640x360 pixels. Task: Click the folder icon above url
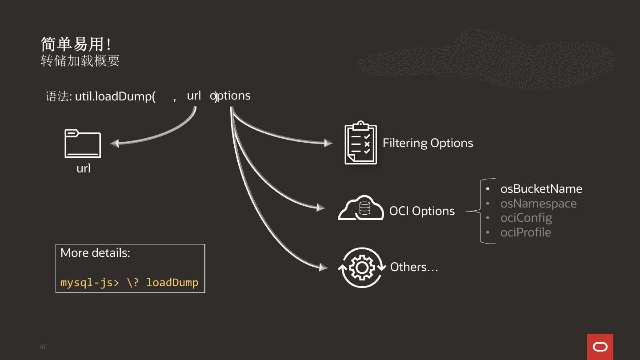[83, 143]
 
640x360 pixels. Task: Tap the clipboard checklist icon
[360, 143]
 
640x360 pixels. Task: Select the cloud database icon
[361, 208]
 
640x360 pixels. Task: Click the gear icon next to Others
[361, 268]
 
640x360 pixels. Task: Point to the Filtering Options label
[428, 143]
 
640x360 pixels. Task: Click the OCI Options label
[422, 211]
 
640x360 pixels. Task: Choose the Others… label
[414, 267]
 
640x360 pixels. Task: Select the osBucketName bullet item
[541, 189]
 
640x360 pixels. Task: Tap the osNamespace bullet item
[538, 204]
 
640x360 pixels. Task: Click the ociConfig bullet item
[526, 218]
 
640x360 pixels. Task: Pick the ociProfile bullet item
[526, 232]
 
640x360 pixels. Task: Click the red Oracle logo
[600, 347]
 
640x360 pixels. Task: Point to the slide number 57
[43, 347]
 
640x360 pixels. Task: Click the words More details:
[95, 253]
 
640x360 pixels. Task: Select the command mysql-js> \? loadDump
[129, 283]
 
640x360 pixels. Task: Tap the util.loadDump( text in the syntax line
[115, 96]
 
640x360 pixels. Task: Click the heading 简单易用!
[76, 44]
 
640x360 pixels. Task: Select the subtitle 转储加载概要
[80, 60]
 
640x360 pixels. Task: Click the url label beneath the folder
[84, 168]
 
